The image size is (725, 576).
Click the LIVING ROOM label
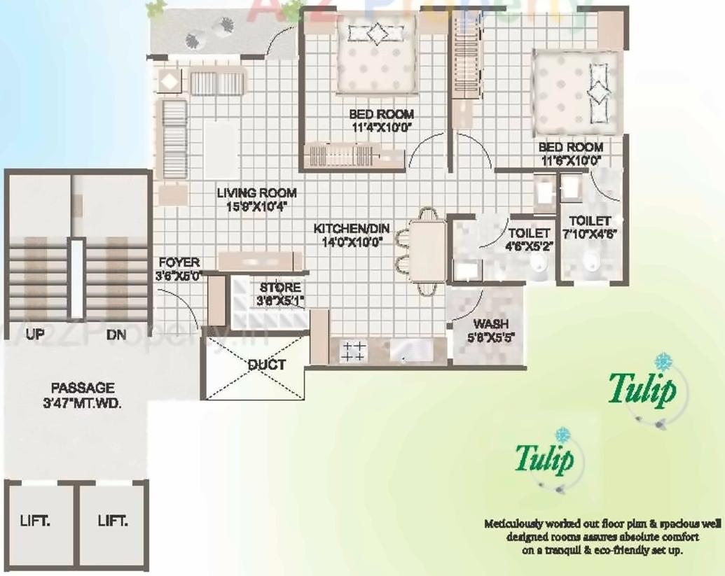click(256, 193)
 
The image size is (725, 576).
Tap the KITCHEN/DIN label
click(351, 229)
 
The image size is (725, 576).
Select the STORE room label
click(280, 288)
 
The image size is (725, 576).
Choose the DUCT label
click(266, 365)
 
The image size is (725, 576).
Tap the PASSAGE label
click(82, 387)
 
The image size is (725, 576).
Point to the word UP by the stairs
click(35, 335)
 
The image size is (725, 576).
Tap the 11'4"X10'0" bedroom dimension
click(382, 127)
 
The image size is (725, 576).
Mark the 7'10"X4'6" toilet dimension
click(588, 233)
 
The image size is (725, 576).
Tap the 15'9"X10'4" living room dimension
click(256, 206)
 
